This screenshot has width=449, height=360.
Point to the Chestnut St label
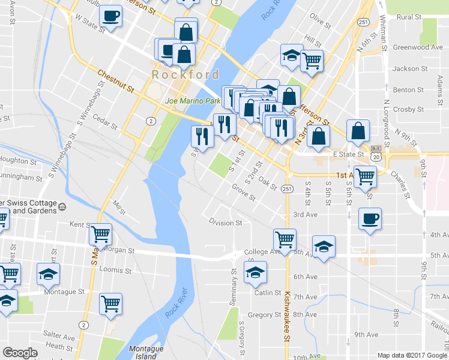tap(116, 80)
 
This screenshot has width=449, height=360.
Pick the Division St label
tap(225, 223)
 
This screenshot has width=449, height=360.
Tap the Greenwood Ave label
tap(417, 47)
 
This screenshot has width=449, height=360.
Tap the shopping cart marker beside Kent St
tap(101, 233)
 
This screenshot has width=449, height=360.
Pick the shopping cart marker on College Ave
tap(285, 239)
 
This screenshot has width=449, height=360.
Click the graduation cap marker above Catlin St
tap(256, 272)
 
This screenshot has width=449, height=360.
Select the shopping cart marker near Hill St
tap(312, 60)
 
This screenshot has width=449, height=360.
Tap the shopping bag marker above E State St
tap(358, 131)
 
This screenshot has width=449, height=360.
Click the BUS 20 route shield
tap(376, 152)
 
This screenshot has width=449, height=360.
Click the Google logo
tap(20, 353)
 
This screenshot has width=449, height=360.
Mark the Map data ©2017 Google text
tap(412, 355)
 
